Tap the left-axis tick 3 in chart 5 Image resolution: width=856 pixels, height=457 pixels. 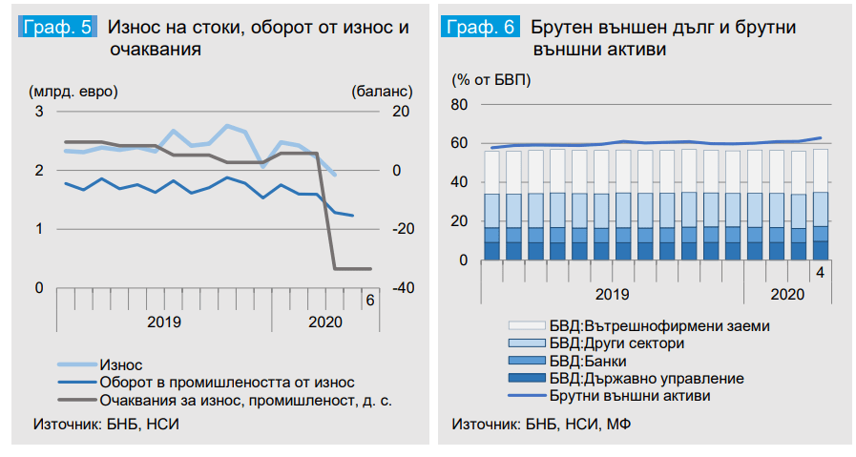coord(39,112)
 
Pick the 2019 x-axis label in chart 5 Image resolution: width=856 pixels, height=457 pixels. coord(164,322)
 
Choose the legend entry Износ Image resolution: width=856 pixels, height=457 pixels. coord(120,364)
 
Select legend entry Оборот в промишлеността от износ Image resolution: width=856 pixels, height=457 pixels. coord(213,382)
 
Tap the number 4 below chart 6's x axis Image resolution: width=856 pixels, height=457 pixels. coord(819,274)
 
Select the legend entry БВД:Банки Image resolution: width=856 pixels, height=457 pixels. coord(590,361)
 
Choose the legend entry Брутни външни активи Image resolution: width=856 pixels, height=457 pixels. coord(630,395)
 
